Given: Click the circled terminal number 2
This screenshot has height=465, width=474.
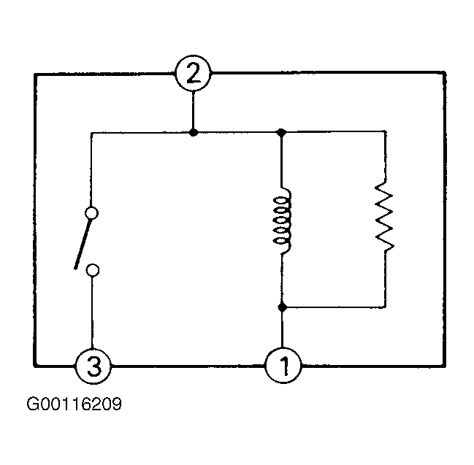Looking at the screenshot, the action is (193, 73).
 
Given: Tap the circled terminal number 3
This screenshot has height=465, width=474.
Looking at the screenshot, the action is (93, 366).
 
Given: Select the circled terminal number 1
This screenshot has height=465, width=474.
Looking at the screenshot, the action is (283, 366).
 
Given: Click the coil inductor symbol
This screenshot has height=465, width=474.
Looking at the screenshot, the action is (283, 220).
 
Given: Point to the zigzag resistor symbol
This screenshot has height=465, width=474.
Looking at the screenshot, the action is (384, 216).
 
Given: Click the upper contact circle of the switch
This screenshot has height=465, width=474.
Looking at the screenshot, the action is (91, 213).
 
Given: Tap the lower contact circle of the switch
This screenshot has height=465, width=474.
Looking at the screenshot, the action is (93, 270).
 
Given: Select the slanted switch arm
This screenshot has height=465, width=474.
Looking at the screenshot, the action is (83, 244).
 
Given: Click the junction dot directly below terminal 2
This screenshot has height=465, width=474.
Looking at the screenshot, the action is (193, 132).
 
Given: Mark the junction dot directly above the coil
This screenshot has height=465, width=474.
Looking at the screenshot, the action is (281, 132).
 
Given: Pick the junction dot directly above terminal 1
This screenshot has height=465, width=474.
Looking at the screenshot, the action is (283, 307).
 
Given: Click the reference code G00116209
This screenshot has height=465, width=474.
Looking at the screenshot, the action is (74, 404).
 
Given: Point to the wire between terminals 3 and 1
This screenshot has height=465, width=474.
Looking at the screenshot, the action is (188, 366).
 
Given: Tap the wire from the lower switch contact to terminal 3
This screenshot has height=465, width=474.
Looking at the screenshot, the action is (93, 312).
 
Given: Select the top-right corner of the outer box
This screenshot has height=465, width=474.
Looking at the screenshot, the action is (445, 72).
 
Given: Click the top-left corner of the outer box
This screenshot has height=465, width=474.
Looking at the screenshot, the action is (35, 74).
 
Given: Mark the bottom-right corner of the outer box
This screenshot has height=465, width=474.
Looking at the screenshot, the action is (445, 366).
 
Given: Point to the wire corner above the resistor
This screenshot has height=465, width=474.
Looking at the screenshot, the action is (386, 131).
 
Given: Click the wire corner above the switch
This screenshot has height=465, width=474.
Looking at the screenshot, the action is (91, 133).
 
